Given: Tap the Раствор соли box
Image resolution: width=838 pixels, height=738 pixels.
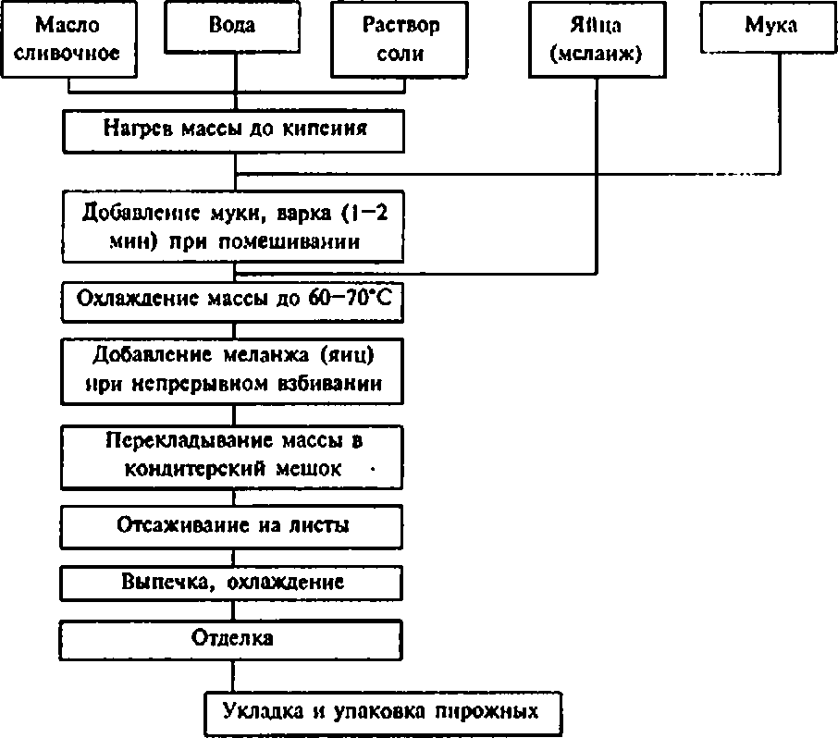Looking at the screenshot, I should [x=401, y=40].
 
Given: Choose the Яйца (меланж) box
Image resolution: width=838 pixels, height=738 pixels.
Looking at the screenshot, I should [x=596, y=40].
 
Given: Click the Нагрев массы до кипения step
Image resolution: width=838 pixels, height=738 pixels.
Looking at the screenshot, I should [x=234, y=130].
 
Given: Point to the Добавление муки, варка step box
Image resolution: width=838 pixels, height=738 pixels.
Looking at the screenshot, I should [x=234, y=226].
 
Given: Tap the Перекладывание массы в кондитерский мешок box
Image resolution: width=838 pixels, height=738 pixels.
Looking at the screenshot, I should [x=234, y=456].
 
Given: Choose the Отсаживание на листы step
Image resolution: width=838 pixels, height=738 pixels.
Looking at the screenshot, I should [x=234, y=527].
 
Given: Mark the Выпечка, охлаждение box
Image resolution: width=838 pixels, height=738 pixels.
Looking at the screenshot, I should [x=234, y=584].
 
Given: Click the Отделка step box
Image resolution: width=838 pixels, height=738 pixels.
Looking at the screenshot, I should [x=234, y=639].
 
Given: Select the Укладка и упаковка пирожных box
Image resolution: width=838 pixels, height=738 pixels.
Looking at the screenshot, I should [x=382, y=714].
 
